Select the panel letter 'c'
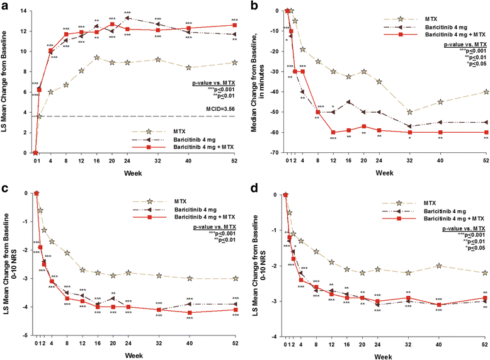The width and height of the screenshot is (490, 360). tap(5, 188)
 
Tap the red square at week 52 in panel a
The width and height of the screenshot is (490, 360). tap(234, 25)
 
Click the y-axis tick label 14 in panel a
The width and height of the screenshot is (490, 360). tap(24, 11)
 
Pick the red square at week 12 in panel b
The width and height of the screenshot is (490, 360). tap(333, 132)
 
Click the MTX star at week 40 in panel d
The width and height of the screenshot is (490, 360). tap(438, 266)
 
